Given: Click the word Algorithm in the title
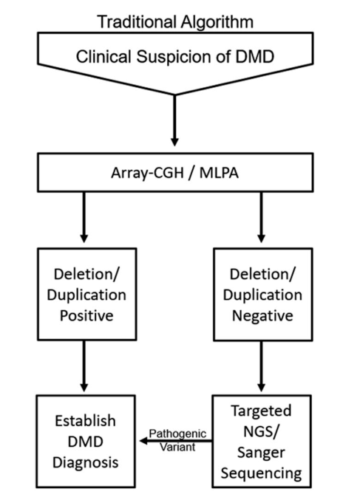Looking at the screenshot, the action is [x=217, y=23].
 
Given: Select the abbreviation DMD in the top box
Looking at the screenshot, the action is [x=255, y=57].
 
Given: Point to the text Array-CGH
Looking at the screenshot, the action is [x=147, y=173].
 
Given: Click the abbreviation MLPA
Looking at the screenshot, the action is [x=219, y=173].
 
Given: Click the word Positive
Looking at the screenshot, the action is [x=86, y=315].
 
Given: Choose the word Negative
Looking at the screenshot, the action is [x=262, y=316].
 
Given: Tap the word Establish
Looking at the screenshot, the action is [x=85, y=421].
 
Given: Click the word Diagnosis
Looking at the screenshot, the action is [x=86, y=462].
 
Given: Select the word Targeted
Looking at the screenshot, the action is [x=261, y=411].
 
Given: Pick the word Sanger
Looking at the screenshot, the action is [x=261, y=453].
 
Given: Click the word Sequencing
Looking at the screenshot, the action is [x=261, y=473].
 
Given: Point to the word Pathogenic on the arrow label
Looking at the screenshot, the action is [x=177, y=434].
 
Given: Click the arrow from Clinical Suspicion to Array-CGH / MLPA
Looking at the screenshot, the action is [x=174, y=120].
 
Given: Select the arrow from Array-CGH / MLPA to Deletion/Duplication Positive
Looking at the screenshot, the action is [x=84, y=217].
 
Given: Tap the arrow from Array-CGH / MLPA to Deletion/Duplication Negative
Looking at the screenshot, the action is [x=261, y=217].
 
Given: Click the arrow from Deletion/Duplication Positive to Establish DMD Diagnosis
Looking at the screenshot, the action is [x=84, y=366].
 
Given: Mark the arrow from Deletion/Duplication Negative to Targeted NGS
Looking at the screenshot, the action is [x=261, y=366].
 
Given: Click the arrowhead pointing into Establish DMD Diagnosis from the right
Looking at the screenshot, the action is [x=143, y=441].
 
